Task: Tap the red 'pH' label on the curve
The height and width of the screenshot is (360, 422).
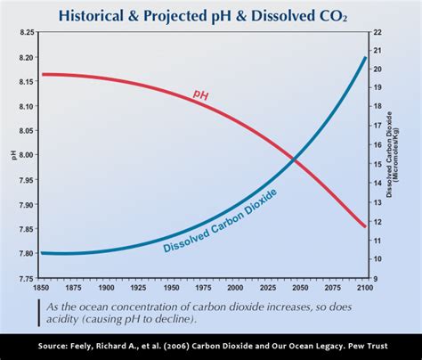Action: [200, 94]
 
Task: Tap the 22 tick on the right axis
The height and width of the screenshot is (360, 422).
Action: [377, 32]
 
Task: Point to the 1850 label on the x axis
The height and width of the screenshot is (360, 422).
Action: [41, 288]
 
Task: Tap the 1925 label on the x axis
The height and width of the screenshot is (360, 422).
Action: [138, 288]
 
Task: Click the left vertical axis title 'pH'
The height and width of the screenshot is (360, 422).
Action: [12, 155]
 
